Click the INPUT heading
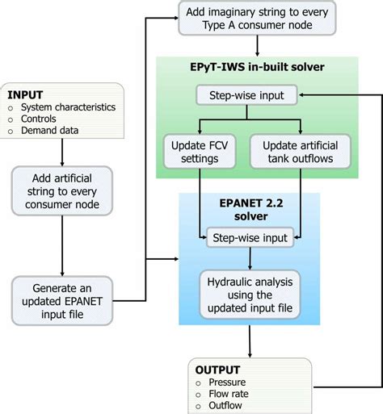[x=27, y=94]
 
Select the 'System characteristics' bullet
[x=67, y=107]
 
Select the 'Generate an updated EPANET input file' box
[x=62, y=302]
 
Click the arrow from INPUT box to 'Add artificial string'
[x=62, y=153]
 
